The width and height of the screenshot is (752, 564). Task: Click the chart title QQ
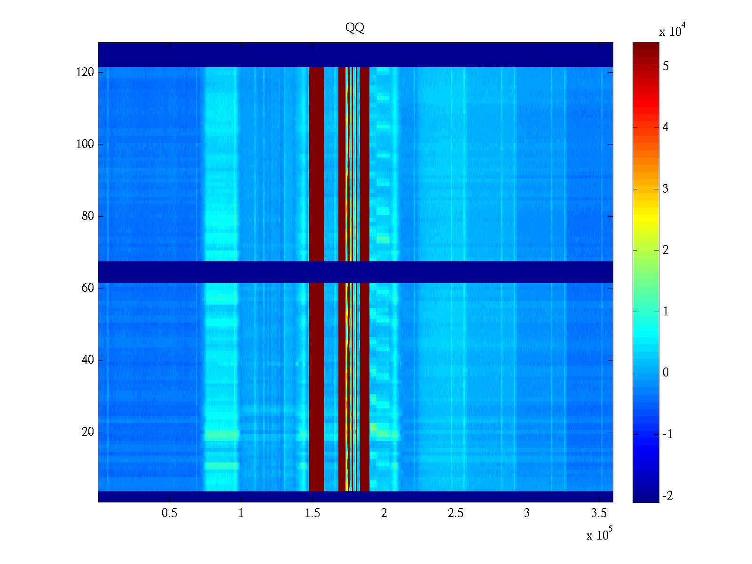[x=355, y=28]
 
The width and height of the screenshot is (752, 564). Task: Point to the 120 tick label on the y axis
[x=85, y=72]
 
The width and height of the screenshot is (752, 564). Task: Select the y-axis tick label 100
[x=85, y=144]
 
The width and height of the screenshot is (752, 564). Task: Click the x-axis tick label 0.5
[x=169, y=513]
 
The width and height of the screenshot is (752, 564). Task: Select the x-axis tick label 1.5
[x=313, y=513]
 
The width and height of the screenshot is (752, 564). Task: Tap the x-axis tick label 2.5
[x=455, y=513]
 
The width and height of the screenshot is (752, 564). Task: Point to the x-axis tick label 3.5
[x=599, y=513]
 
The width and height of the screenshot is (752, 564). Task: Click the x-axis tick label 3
[x=527, y=513]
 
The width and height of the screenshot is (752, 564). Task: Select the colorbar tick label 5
[x=666, y=66]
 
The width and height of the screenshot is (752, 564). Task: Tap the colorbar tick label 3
[x=666, y=189]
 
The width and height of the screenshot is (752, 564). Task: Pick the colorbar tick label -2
[x=667, y=496]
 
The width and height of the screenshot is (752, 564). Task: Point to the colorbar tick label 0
[x=666, y=373]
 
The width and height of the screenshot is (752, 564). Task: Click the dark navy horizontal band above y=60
[x=355, y=272]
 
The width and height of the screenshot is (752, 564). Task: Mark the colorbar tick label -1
[x=667, y=434]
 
